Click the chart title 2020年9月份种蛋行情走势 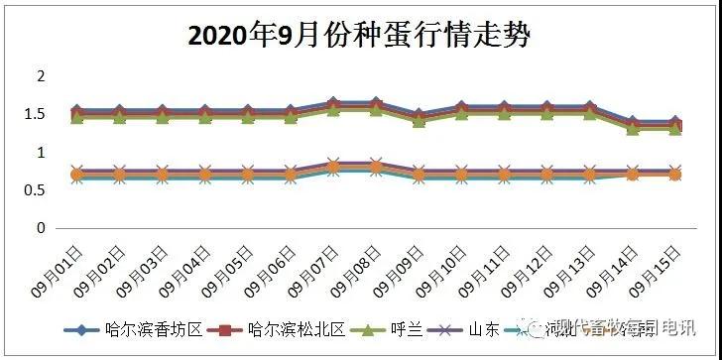point(360,37)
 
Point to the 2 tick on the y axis point(41,76)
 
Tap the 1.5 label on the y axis point(37,114)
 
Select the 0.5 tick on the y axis point(37,190)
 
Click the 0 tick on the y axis point(41,228)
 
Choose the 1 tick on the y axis point(41,153)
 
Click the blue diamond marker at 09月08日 point(376,102)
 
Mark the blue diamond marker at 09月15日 point(674,122)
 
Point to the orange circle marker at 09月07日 point(333,167)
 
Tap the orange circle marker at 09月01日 point(77,175)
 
